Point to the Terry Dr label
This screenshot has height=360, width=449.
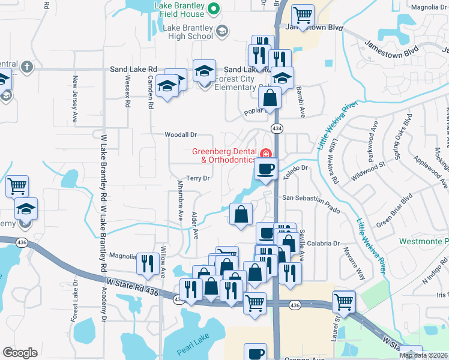click(x=197, y=178)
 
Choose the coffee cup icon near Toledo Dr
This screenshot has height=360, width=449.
click(x=266, y=169)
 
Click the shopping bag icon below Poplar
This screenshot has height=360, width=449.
click(x=271, y=98)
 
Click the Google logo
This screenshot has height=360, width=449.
click(x=20, y=353)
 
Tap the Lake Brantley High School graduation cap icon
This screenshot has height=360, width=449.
click(x=222, y=31)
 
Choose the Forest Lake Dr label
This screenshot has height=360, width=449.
click(x=75, y=300)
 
